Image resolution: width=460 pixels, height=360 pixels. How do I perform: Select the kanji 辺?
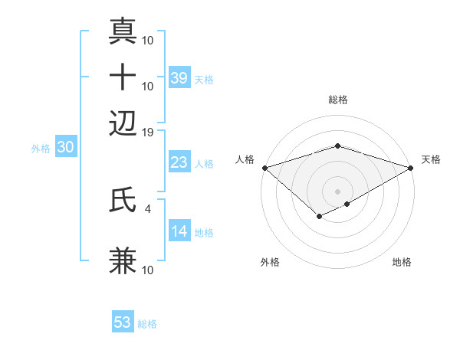123,122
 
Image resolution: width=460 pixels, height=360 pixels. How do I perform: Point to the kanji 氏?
123,201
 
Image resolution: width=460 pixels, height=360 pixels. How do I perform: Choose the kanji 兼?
123,261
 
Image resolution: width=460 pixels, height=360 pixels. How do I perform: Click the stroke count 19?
148,133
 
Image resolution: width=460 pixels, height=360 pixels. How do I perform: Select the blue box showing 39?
179,77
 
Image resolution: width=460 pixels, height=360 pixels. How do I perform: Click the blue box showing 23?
179,162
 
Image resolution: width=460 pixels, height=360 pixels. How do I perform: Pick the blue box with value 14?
179,231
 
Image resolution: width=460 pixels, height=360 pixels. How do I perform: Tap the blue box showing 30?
65,148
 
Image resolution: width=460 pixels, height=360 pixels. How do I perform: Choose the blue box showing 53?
123,322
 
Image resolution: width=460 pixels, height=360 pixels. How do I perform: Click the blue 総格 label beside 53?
147,324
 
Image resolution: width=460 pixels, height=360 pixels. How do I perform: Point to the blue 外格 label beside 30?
41,149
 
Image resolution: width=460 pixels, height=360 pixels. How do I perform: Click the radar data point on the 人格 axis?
264,168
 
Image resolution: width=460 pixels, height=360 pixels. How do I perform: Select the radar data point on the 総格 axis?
338,146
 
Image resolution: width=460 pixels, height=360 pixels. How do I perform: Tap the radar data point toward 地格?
347,204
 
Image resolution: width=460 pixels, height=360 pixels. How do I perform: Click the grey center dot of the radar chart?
338,191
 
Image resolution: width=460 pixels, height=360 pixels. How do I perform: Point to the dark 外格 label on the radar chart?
271,263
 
